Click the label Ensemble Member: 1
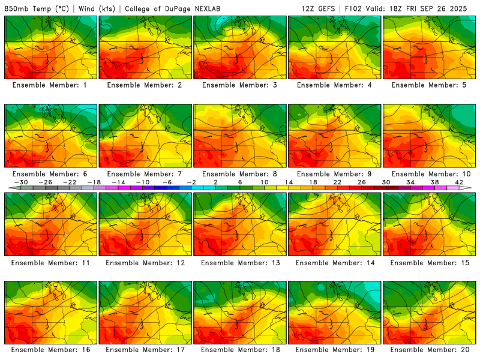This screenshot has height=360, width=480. [x=51, y=85]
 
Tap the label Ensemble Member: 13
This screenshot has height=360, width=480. [x=240, y=262]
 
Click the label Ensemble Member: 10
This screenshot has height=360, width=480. [x=430, y=173]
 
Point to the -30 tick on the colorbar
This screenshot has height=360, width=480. [x=22, y=182]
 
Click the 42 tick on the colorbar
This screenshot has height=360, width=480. [x=458, y=182]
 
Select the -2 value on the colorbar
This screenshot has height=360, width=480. [x=191, y=182]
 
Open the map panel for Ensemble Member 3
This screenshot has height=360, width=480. [x=240, y=47]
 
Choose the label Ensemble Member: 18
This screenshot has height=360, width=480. [x=240, y=350]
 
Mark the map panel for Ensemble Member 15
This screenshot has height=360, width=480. [x=430, y=224]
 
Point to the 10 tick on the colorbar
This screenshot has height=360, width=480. [x=265, y=182]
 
